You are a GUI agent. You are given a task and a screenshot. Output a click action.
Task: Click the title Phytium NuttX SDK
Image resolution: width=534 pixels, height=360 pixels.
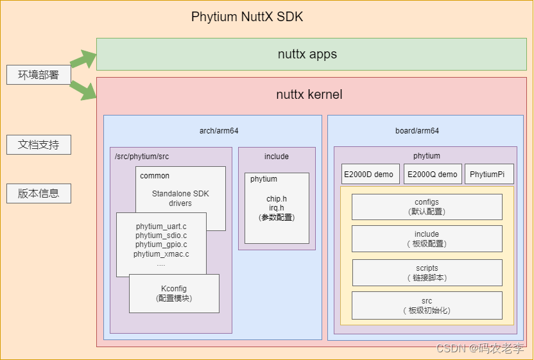pyautogui.click(x=247, y=17)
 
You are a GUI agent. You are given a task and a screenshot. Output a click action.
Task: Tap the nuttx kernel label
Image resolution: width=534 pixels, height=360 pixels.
pyautogui.click(x=309, y=94)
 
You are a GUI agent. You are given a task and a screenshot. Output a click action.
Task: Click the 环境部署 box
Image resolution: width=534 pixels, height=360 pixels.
pyautogui.click(x=39, y=74)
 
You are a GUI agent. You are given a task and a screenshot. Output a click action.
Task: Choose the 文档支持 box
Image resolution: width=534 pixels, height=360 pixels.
pyautogui.click(x=39, y=144)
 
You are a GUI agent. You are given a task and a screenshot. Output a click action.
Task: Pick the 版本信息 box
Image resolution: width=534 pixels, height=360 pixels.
pyautogui.click(x=39, y=193)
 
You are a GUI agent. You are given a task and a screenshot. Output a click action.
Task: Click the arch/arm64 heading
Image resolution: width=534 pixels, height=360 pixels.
pyautogui.click(x=219, y=130)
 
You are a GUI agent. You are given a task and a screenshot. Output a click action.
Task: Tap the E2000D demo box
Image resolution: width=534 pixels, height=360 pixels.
pyautogui.click(x=368, y=174)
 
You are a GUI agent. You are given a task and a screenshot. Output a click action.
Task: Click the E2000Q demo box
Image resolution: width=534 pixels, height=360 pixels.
pyautogui.click(x=433, y=174)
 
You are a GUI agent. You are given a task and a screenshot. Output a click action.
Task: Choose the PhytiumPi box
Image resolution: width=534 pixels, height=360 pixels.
pyautogui.click(x=489, y=174)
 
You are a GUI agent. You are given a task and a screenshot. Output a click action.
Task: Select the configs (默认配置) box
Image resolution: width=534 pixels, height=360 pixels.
pyautogui.click(x=427, y=207)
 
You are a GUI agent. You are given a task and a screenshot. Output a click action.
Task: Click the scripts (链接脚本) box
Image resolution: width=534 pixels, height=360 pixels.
pyautogui.click(x=427, y=273)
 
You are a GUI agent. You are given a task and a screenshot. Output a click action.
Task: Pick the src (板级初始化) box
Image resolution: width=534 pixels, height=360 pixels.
pyautogui.click(x=427, y=305)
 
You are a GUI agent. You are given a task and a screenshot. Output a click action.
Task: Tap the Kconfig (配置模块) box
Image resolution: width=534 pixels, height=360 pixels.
pyautogui.click(x=174, y=293)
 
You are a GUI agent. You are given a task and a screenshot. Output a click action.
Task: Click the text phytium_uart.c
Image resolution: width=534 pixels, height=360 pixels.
pyautogui.click(x=161, y=226)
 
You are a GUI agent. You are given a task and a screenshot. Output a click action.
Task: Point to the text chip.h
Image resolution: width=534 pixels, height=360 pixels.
pyautogui.click(x=277, y=198)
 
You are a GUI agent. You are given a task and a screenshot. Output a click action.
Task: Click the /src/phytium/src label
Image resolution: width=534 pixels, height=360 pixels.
pyautogui.click(x=141, y=156)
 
